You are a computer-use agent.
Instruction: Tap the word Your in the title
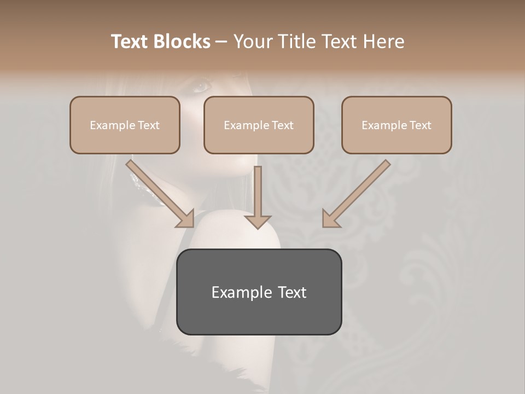point(253,42)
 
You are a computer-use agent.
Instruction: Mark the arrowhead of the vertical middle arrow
point(258,221)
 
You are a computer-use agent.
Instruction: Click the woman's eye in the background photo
point(201,86)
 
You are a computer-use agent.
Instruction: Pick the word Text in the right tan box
point(420,125)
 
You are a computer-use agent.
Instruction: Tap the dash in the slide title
point(221,42)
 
